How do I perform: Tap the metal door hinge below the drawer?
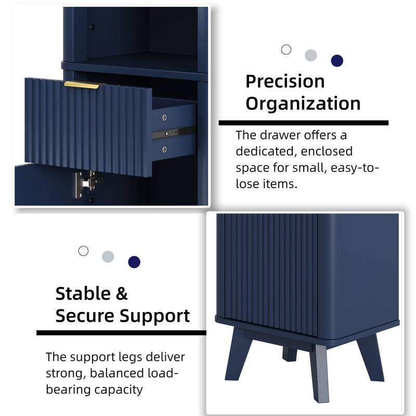(85, 182)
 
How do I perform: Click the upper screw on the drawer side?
(165, 117)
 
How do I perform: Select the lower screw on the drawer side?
(165, 149)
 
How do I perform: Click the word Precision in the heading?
(284, 82)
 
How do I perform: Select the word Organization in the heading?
(303, 103)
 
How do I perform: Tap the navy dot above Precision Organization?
(337, 61)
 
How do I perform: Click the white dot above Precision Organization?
(286, 50)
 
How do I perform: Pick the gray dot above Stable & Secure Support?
(108, 256)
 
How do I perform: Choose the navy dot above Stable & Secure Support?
(134, 262)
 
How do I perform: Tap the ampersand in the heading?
(121, 294)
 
